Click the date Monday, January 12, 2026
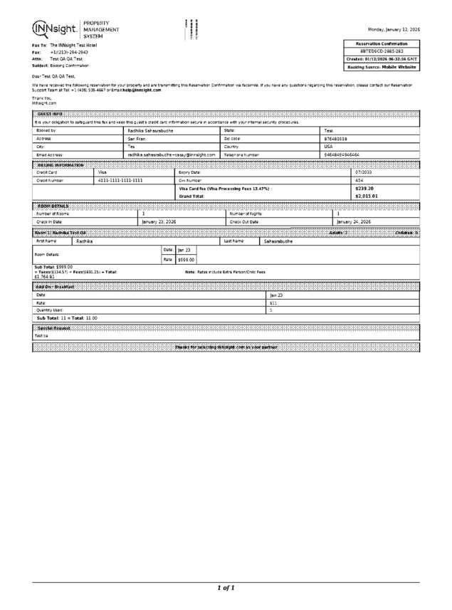tap(394, 29)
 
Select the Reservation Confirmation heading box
tap(382, 44)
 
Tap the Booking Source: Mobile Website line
tap(382, 67)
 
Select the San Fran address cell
tap(137, 139)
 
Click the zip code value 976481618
tap(336, 139)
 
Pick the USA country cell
tap(329, 146)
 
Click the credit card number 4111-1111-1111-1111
tap(120, 180)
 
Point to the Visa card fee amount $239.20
tap(364, 188)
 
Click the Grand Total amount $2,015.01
tap(366, 196)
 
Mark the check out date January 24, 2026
tap(354, 221)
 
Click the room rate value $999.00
tap(186, 260)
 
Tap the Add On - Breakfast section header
tap(56, 285)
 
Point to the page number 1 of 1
tap(226, 587)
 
